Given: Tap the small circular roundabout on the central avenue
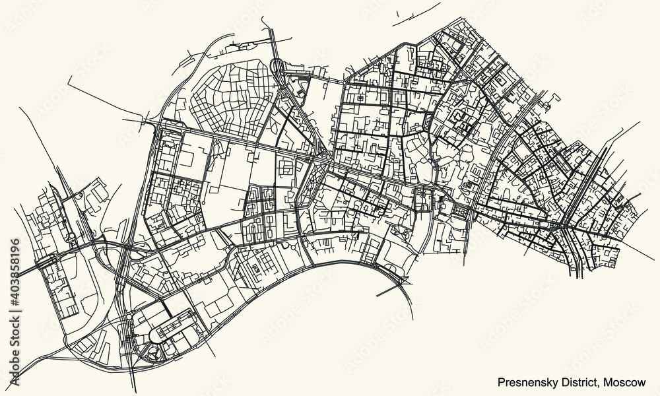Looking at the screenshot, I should click(420, 193).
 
